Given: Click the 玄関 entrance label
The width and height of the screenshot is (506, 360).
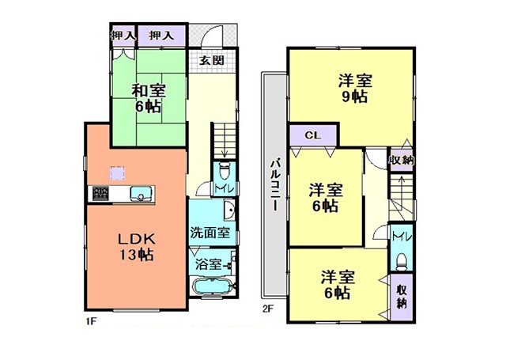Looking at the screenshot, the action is coord(211,60).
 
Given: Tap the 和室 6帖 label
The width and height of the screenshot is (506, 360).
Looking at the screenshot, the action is coord(149,98).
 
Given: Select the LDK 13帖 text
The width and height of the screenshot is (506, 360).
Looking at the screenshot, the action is coord(137,247).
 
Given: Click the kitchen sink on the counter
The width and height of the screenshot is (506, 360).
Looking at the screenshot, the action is coord(141,194).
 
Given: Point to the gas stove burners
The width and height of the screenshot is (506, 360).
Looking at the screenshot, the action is coord(100,193).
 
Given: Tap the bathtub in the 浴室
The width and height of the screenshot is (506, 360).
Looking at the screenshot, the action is coord(212,286).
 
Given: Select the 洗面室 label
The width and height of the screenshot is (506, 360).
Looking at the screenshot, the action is coord(210,233).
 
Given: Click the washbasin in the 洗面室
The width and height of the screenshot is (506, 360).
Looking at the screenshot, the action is coord(228,210).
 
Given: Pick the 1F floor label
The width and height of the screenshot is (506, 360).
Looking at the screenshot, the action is coord(92,321).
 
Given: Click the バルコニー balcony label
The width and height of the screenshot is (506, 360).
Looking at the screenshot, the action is coord(275,184).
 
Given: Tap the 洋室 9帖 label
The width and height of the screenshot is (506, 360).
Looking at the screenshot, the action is coord(355,88).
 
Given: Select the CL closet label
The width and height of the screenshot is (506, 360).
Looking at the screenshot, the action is coord(313,135).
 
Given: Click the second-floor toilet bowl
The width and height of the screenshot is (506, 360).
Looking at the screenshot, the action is coord(402,261).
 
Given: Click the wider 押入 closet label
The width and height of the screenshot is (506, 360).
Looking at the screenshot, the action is coord(161,35).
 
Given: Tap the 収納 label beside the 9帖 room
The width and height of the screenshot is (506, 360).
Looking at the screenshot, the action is coord(401,160).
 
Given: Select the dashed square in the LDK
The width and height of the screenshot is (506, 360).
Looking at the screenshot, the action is coord(118,173).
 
